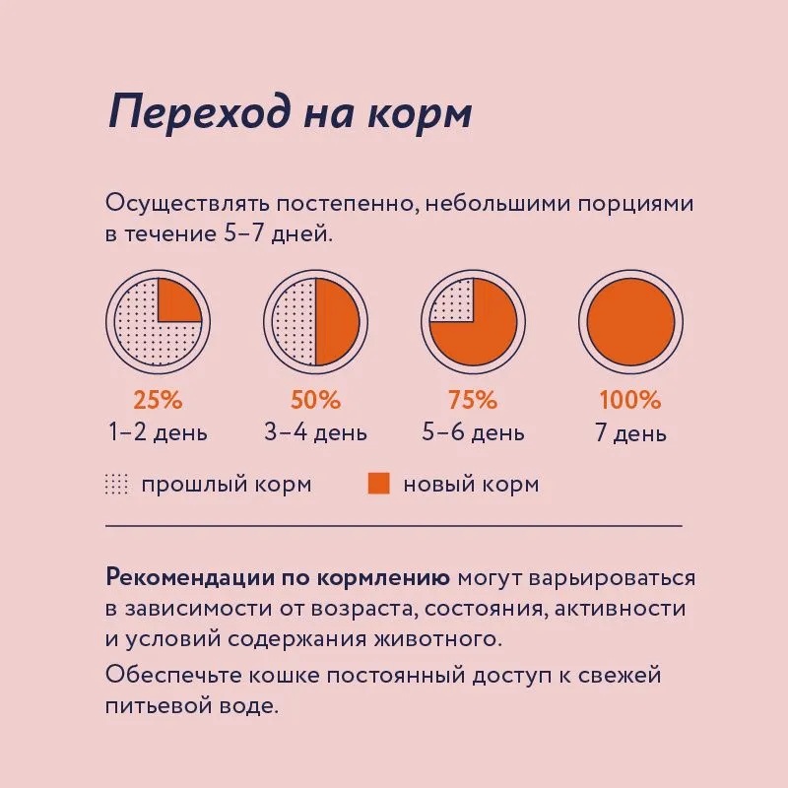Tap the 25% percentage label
(x=158, y=401)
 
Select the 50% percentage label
(x=315, y=401)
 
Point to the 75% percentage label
(x=473, y=401)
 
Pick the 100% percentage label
(x=630, y=401)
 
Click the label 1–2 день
(x=158, y=432)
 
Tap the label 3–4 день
(x=315, y=432)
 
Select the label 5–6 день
(x=473, y=432)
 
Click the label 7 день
(x=630, y=433)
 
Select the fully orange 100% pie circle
(x=630, y=321)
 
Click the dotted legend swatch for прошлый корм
(x=116, y=484)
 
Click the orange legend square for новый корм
(x=378, y=484)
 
